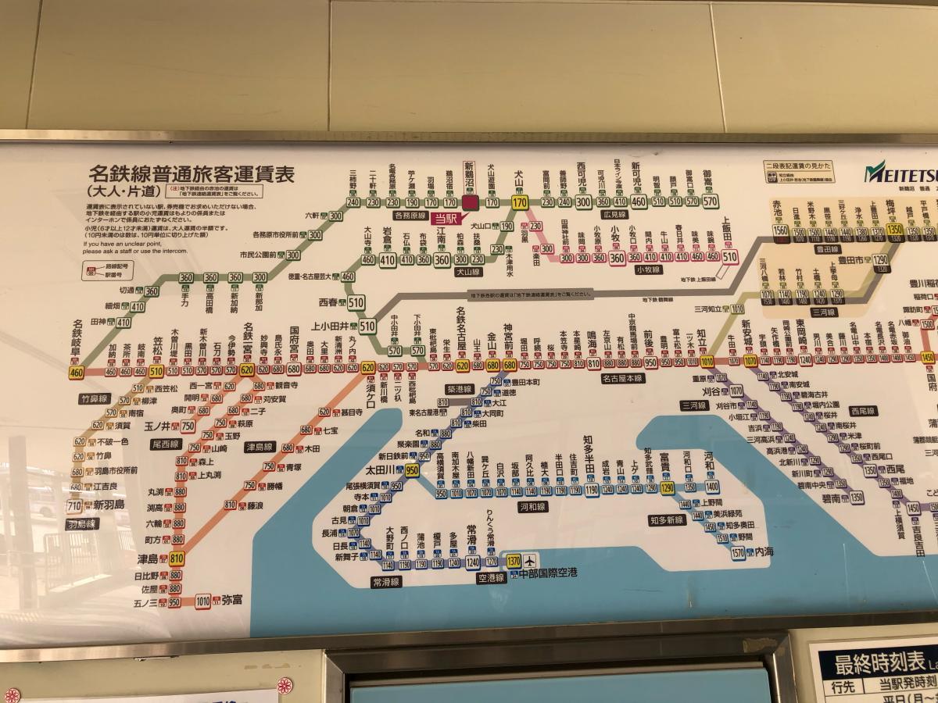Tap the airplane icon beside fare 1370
(x=531, y=561)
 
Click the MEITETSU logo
(x=899, y=170)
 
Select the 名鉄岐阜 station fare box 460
(x=77, y=373)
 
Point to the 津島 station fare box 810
(x=177, y=558)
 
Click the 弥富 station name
(x=232, y=601)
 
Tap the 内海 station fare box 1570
(x=738, y=552)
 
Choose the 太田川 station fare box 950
(x=412, y=469)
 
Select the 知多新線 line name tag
(x=667, y=519)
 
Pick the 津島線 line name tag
(x=260, y=448)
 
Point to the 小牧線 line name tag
(x=648, y=269)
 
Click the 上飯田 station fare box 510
(x=730, y=256)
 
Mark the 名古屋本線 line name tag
(x=623, y=379)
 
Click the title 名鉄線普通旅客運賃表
(x=192, y=174)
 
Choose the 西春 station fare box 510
(x=356, y=302)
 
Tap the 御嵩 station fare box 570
(x=709, y=202)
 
